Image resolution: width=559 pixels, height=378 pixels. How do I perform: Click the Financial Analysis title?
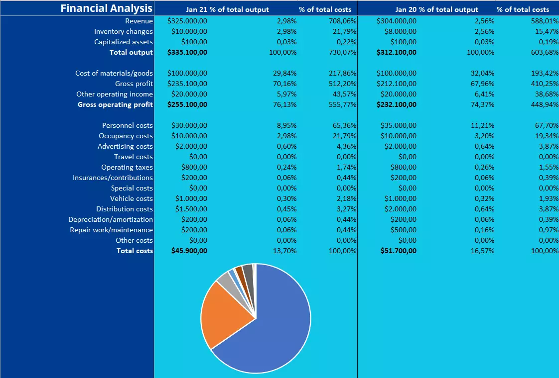(106, 8)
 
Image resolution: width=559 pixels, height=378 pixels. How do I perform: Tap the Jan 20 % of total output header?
(436, 9)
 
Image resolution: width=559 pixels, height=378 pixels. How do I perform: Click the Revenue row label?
(139, 21)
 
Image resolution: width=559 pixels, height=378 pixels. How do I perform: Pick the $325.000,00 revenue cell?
(187, 21)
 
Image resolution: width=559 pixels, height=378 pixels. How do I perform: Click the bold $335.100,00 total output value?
(187, 52)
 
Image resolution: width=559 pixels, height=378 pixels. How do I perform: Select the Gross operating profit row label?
(115, 104)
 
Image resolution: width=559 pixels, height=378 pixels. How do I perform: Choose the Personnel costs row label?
(127, 125)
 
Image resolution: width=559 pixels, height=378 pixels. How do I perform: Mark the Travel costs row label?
(134, 157)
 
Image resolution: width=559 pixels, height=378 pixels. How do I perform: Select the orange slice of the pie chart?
(224, 313)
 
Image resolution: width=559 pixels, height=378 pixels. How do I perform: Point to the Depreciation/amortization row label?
(111, 219)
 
